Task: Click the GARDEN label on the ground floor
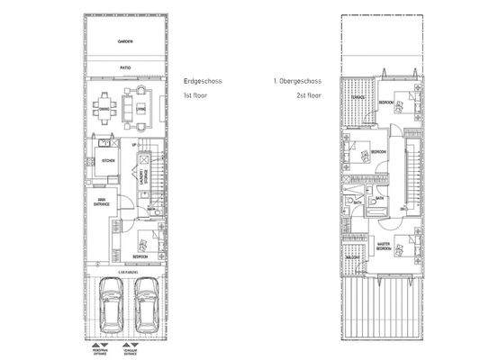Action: [x=125, y=42]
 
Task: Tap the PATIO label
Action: [x=125, y=67]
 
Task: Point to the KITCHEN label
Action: [x=109, y=161]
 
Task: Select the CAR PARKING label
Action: [x=125, y=270]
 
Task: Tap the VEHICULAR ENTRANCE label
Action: [x=131, y=352]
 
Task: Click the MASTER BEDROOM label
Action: [x=383, y=246]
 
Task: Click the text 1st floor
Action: [x=195, y=94]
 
